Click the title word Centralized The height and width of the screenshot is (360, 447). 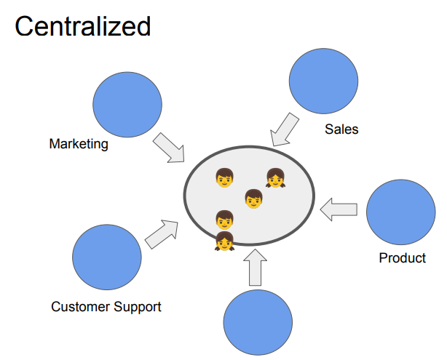point(82,26)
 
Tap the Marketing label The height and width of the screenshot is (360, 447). point(79,144)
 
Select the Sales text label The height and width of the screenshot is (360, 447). point(341,129)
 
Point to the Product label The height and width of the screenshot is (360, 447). point(402,258)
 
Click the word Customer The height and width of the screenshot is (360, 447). point(80,306)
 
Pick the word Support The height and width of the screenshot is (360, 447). point(138,307)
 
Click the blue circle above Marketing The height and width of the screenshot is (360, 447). point(128,105)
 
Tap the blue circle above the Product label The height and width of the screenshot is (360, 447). point(400,213)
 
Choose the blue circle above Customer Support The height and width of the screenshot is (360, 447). point(107,257)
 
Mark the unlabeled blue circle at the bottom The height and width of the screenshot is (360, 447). point(257,322)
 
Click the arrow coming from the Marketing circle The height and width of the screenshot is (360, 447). point(168,148)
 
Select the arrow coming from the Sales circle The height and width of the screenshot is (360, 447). point(285,130)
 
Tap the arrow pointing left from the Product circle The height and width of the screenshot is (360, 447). point(339,209)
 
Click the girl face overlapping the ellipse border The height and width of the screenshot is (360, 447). point(224,241)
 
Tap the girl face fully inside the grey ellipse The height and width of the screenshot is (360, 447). point(275,177)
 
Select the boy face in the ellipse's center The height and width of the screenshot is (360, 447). point(253,198)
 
